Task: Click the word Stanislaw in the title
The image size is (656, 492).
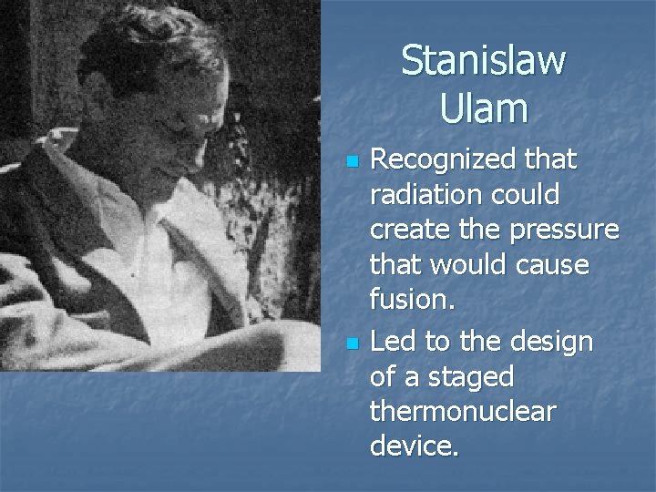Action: (x=483, y=61)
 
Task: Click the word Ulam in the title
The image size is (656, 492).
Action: (x=483, y=108)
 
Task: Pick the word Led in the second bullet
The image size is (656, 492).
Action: (x=392, y=341)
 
